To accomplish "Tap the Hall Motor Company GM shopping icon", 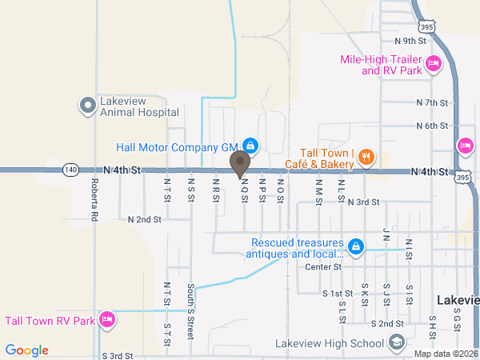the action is click(x=250, y=146).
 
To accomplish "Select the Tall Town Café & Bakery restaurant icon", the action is click(x=365, y=157).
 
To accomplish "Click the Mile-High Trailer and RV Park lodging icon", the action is click(x=434, y=64).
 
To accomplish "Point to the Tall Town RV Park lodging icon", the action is click(x=107, y=321).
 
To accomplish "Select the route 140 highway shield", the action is click(x=71, y=170).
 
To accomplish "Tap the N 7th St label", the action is click(x=432, y=102).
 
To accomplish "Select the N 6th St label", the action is click(x=432, y=126).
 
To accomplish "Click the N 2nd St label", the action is click(x=145, y=218).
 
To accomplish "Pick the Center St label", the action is click(x=323, y=266).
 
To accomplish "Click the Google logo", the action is click(x=26, y=350).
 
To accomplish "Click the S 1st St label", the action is click(x=338, y=294).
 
